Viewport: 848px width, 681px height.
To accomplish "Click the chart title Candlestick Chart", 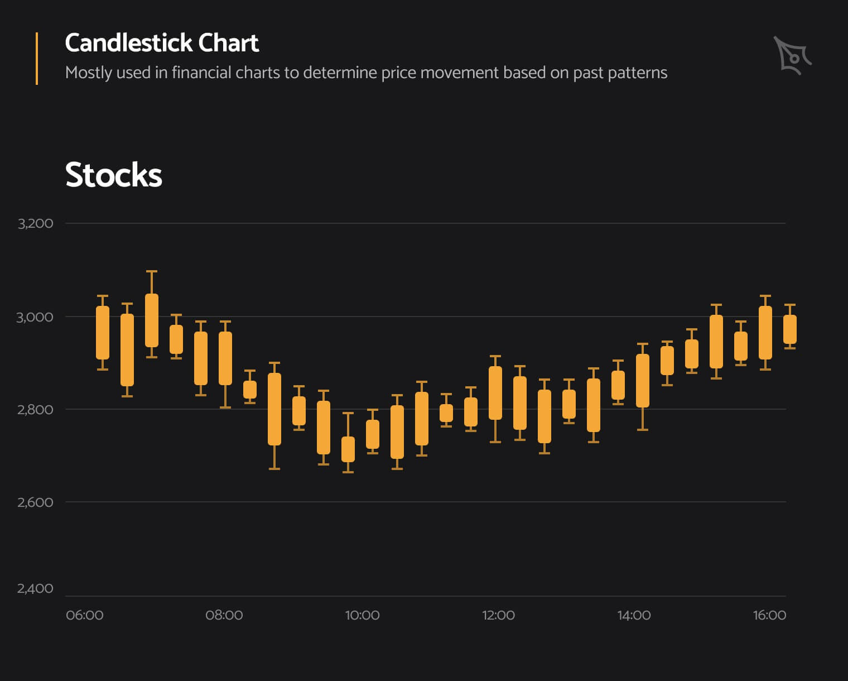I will [162, 43].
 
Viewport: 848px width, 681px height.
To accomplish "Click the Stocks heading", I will [114, 175].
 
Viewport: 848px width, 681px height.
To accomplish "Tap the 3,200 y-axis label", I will [35, 223].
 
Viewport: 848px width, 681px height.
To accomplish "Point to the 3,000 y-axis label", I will [35, 317].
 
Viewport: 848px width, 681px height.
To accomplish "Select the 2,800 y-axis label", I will [35, 410].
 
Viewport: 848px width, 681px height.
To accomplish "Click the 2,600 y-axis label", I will [35, 502].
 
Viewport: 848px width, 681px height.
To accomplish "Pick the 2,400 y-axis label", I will [35, 588].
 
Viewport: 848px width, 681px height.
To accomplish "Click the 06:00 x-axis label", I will [85, 615].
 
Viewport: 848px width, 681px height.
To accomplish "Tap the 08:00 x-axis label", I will [224, 615].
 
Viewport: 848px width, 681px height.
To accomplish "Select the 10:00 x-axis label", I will [362, 615].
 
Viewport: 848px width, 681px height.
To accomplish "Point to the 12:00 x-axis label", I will [498, 615].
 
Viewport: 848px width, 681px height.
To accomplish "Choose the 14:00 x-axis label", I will [634, 615].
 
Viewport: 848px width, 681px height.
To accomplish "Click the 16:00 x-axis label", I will [769, 615].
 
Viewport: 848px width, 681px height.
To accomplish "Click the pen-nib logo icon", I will [792, 55].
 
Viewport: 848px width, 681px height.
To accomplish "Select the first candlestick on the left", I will [103, 333].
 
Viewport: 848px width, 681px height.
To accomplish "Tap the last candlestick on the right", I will [790, 329].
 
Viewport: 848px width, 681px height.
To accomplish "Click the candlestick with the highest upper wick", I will [152, 320].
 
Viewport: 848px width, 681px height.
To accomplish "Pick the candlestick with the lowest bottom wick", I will [348, 449].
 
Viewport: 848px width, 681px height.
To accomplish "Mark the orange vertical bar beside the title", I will [37, 59].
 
